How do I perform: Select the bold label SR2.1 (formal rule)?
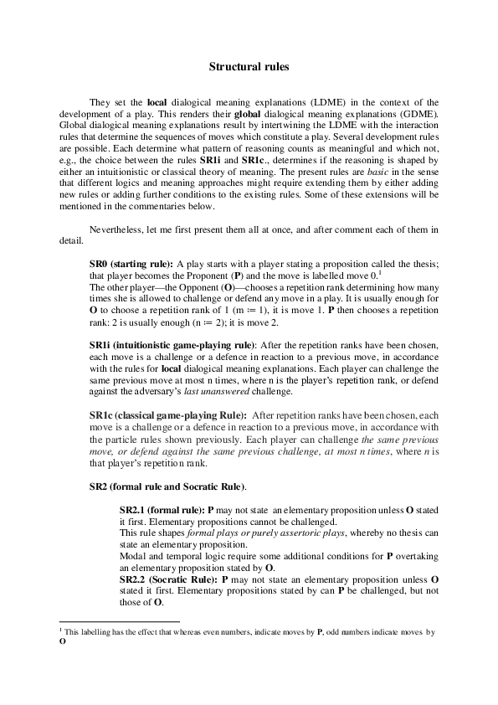tap(162, 509)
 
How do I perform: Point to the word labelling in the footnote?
tap(95, 632)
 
